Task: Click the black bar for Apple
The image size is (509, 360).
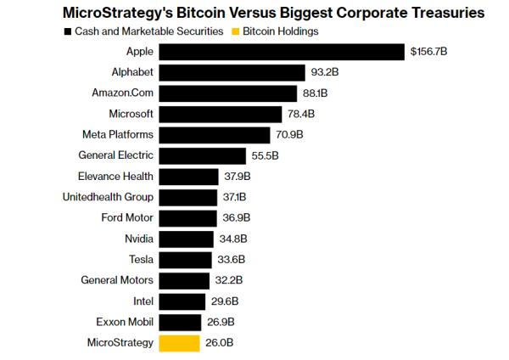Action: [282, 53]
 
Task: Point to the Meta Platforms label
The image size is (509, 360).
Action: [118, 135]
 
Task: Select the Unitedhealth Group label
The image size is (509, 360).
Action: [109, 197]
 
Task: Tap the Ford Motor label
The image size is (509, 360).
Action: [127, 218]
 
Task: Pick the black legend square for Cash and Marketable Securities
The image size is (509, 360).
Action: [67, 31]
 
